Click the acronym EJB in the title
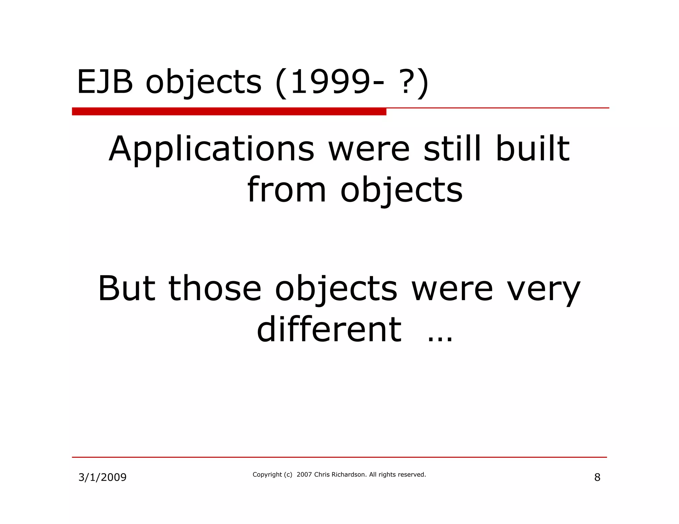105,82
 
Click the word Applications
212,150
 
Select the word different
329,330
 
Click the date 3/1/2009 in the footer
102,477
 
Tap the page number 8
597,477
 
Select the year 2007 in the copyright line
304,475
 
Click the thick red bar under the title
229,111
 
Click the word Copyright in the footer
267,475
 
